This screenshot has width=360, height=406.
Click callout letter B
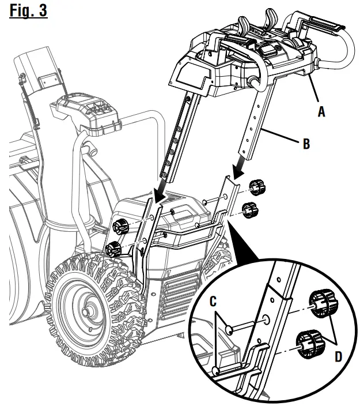coord(306,144)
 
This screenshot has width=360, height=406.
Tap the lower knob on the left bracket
coord(114,249)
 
